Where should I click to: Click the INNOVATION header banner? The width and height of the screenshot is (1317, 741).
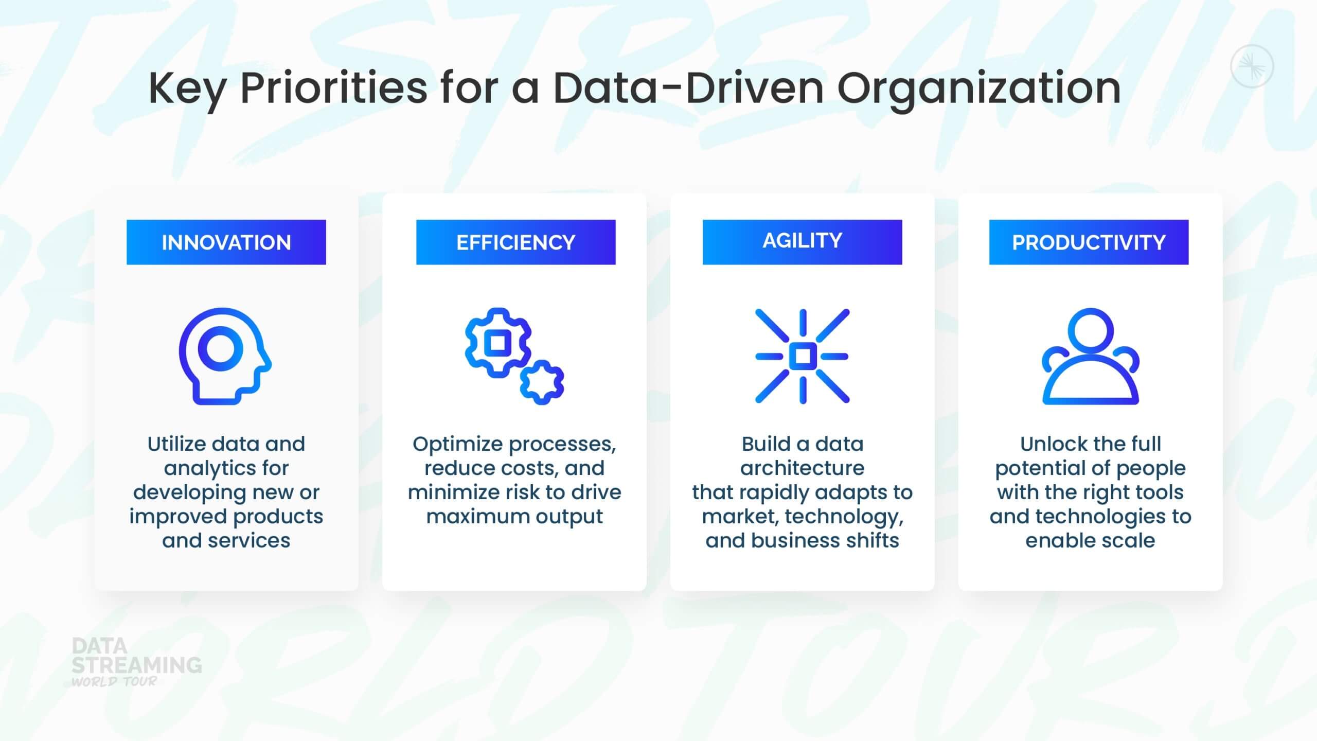click(226, 242)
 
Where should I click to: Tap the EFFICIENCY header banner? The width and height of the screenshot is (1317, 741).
click(516, 242)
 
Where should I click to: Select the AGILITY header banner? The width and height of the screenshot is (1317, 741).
click(803, 242)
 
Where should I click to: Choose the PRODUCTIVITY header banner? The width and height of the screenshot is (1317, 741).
click(1089, 242)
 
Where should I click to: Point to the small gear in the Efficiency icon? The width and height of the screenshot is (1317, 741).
click(542, 382)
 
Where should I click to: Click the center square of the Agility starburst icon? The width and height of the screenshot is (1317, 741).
click(803, 356)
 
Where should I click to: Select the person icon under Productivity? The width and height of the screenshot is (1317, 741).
click(1091, 400)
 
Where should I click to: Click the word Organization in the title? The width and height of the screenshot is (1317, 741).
click(979, 89)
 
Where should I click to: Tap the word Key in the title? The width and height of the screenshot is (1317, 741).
click(187, 89)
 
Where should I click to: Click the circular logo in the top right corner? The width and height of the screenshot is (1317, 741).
click(1252, 66)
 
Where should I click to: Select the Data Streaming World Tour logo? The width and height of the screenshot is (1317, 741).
click(136, 662)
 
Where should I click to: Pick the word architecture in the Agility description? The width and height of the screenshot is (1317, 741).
click(803, 468)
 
